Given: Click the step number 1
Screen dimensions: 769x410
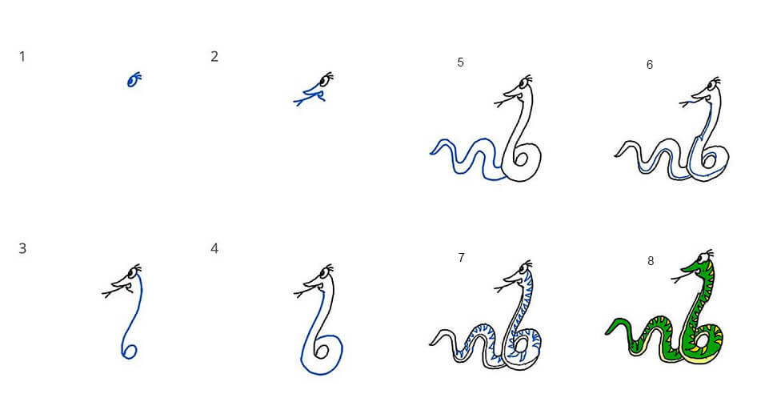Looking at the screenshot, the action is (x=22, y=57).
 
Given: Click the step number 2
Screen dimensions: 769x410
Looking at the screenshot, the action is (x=214, y=57).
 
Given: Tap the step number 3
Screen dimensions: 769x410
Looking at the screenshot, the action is (x=22, y=248).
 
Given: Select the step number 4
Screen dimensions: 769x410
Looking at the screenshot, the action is (x=214, y=248).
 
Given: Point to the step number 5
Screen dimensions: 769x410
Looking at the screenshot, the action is (x=460, y=62).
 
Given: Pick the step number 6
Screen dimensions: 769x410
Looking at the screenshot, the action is (x=650, y=65).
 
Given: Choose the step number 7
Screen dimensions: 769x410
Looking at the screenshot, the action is (x=461, y=258).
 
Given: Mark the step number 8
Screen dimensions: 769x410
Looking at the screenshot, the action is (x=651, y=261).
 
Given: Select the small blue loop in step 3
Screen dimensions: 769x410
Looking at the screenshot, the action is (x=129, y=351).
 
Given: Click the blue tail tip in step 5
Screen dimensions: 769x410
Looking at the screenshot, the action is (x=431, y=153).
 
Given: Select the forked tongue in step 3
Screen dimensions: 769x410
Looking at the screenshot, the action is (x=109, y=294).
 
